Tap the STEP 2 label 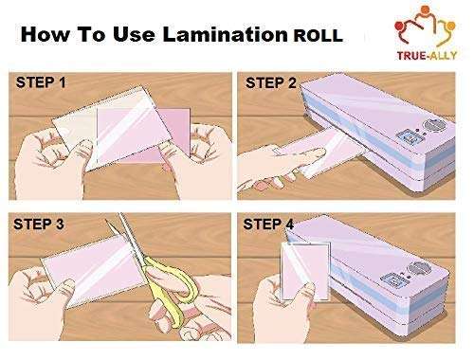pos(271,82)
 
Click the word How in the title pos(43,36)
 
